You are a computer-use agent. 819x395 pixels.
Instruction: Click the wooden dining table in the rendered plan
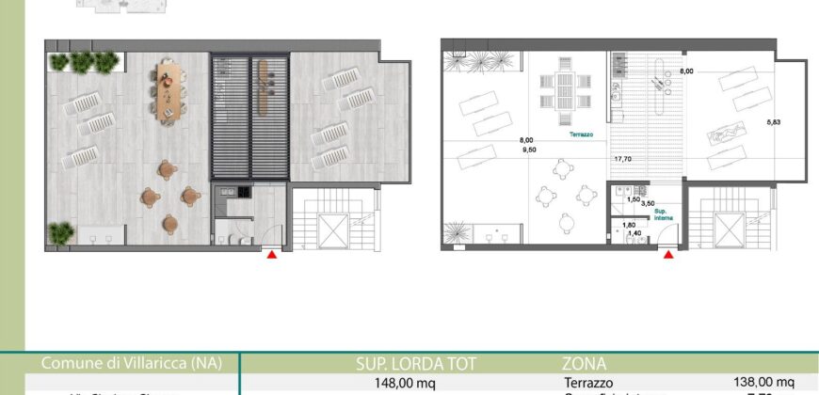166,90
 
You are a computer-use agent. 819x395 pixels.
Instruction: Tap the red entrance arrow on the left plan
273,252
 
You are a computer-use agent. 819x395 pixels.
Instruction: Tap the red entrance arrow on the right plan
668,252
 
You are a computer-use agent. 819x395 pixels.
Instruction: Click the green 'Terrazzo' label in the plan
581,134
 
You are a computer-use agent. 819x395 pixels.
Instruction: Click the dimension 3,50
648,202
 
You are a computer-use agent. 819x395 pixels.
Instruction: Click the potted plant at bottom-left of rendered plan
62,231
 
